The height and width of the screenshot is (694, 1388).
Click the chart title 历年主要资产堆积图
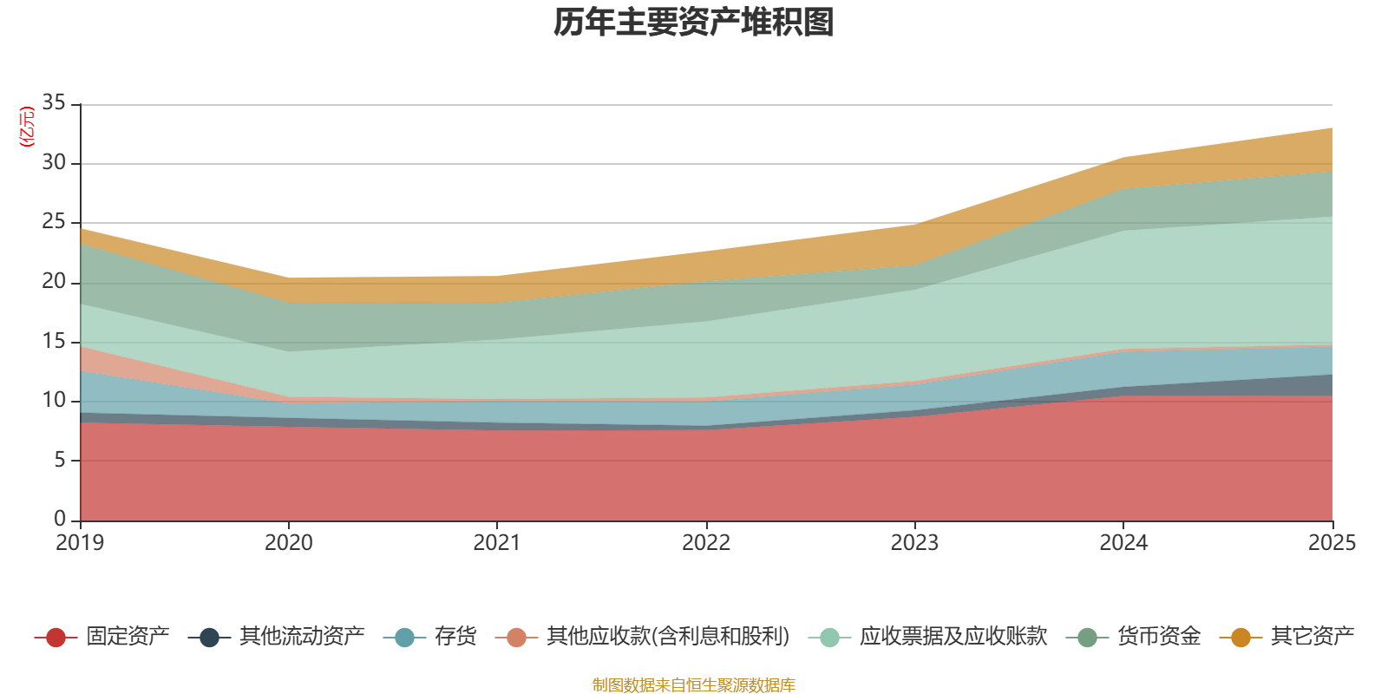pyautogui.click(x=693, y=23)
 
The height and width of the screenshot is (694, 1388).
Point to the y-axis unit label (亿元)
pyautogui.click(x=27, y=127)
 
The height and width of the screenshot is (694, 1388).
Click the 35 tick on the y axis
pyautogui.click(x=54, y=103)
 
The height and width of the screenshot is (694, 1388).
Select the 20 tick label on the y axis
pyautogui.click(x=54, y=282)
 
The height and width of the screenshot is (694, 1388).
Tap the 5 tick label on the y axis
pyautogui.click(x=60, y=461)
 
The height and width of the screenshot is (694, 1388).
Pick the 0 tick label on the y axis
pyautogui.click(x=60, y=519)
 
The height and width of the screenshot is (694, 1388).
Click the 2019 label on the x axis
pyautogui.click(x=80, y=543)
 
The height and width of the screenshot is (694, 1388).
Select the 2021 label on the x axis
pyautogui.click(x=497, y=543)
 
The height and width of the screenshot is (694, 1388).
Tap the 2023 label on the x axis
pyautogui.click(x=914, y=543)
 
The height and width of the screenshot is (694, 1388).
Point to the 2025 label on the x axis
pyautogui.click(x=1332, y=543)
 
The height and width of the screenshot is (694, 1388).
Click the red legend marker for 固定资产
pyautogui.click(x=56, y=638)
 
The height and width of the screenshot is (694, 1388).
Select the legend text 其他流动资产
pyautogui.click(x=302, y=637)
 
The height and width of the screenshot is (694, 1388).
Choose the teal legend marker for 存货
pyautogui.click(x=404, y=638)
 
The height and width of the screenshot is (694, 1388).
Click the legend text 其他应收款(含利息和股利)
pyautogui.click(x=668, y=637)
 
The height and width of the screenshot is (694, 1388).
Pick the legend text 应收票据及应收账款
pyautogui.click(x=953, y=637)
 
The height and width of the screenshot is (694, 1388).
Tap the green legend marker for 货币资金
pyautogui.click(x=1088, y=638)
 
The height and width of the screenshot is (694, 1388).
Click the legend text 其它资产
pyautogui.click(x=1313, y=637)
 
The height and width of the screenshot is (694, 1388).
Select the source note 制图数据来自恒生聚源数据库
pyautogui.click(x=693, y=684)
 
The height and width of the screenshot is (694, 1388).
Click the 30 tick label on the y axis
pyautogui.click(x=54, y=162)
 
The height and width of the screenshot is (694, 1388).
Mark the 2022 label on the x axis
pyautogui.click(x=706, y=543)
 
